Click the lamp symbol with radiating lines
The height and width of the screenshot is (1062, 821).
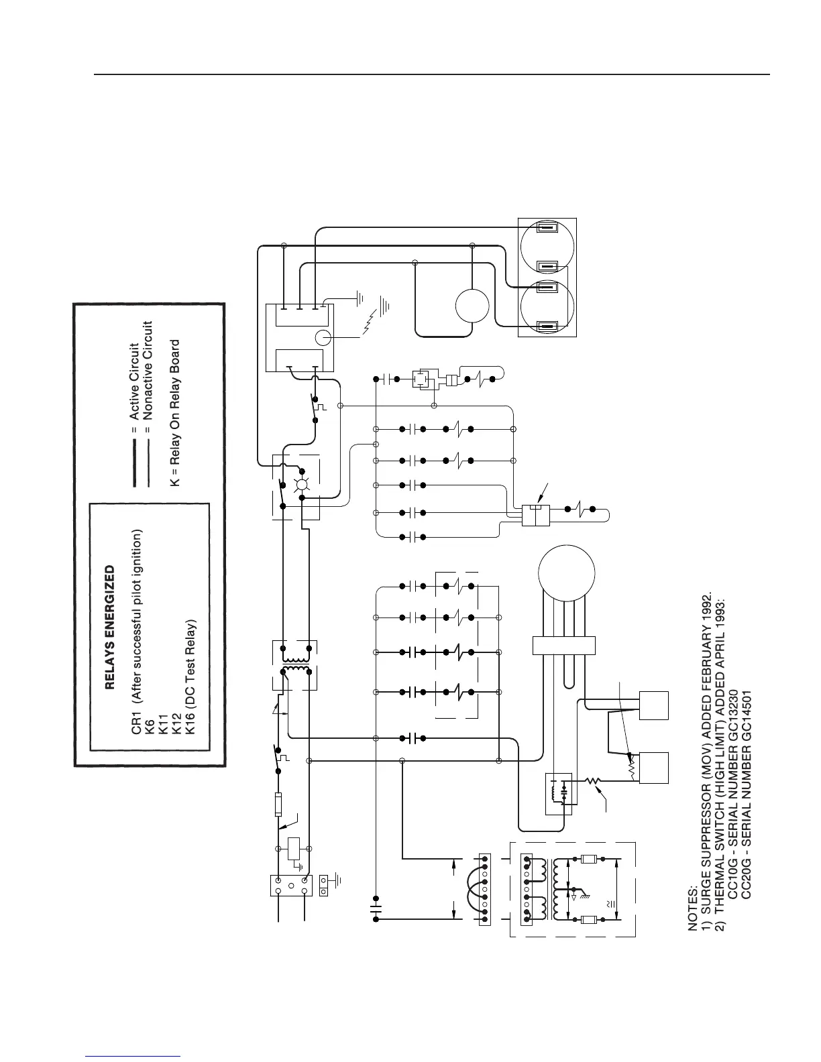tap(302, 485)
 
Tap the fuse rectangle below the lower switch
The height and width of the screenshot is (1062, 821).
tap(278, 805)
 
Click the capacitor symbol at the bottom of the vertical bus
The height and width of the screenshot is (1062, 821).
tap(376, 910)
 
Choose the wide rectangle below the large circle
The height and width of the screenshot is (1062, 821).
tap(564, 646)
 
